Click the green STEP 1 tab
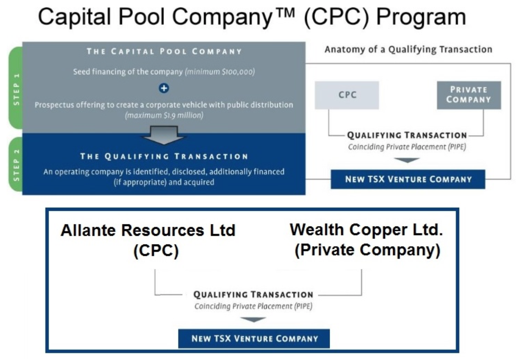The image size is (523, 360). (16, 89)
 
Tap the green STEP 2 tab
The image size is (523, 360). (16, 165)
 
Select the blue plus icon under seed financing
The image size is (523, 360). (164, 88)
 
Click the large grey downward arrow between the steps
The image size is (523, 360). (164, 135)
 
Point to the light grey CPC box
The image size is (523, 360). (347, 95)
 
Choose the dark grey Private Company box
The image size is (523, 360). (469, 95)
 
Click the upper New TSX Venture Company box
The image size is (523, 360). (408, 179)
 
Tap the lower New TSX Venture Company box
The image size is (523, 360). (254, 339)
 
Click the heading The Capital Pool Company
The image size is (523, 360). (164, 52)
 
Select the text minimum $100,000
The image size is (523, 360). (220, 72)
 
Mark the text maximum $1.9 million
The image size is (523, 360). (164, 115)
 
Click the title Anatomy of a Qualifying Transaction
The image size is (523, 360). (408, 49)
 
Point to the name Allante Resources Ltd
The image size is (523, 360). (148, 231)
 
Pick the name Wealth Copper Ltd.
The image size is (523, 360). (366, 230)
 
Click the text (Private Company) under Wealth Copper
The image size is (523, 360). (367, 250)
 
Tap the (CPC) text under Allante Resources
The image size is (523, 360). (156, 251)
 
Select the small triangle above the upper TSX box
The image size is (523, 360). (407, 160)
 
